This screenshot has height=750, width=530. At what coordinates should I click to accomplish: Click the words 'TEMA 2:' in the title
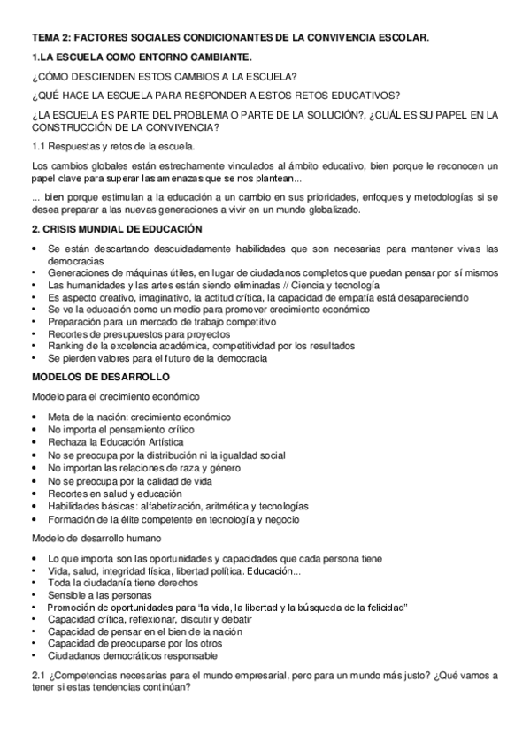click(x=50, y=39)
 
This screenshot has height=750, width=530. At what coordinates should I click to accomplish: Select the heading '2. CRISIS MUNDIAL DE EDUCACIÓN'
click(x=111, y=229)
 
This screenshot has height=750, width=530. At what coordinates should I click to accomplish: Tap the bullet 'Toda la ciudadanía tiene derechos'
click(x=123, y=584)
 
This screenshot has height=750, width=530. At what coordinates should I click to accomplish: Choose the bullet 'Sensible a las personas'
click(x=99, y=596)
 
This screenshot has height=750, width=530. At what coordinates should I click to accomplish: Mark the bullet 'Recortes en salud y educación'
click(x=115, y=494)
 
